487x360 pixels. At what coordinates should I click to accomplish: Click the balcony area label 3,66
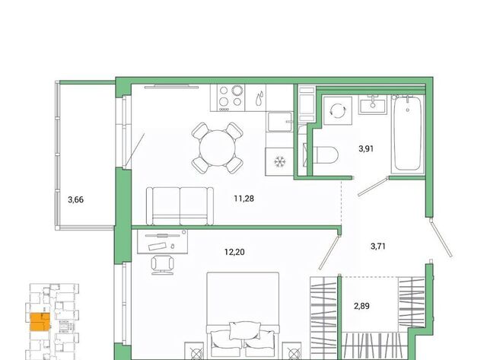tap(76, 199)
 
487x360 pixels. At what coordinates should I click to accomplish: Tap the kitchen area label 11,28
tap(243, 199)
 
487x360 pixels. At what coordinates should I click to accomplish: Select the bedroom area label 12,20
tap(234, 252)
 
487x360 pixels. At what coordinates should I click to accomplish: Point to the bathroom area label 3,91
tap(366, 148)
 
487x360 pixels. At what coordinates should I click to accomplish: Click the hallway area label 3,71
tap(378, 247)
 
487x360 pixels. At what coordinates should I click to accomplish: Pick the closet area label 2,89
tap(362, 306)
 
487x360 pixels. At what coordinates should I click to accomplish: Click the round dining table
tap(218, 148)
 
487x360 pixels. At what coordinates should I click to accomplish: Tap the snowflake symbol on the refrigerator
tap(279, 161)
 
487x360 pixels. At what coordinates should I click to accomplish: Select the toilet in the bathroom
tap(325, 155)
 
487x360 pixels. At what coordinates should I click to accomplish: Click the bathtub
tap(408, 134)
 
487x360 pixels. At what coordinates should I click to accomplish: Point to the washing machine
tap(338, 110)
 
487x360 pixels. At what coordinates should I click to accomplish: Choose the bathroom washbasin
tap(373, 105)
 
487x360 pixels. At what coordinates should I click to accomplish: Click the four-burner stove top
tap(228, 97)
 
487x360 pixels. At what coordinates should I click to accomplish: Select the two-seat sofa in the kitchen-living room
tap(180, 206)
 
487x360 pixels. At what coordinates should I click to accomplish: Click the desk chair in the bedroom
tap(162, 265)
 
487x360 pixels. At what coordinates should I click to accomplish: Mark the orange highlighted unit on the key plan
tap(40, 323)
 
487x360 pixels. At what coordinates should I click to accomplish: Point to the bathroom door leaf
tap(373, 186)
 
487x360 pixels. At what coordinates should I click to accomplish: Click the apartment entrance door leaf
tap(441, 237)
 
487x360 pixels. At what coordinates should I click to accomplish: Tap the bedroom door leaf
tap(329, 252)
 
